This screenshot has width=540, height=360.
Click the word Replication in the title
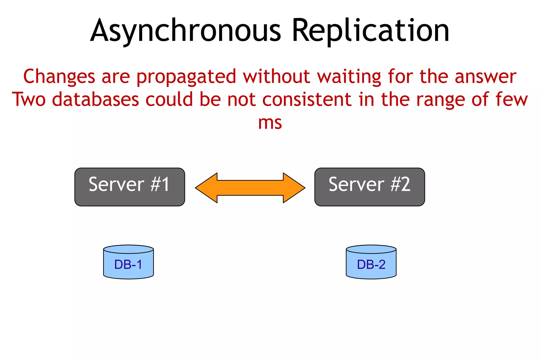(370, 31)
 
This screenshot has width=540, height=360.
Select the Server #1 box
(129, 187)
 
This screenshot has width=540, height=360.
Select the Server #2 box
(369, 187)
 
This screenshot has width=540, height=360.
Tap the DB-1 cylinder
(128, 262)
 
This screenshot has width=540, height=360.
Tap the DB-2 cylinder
(371, 262)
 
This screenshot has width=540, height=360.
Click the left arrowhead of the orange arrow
(207, 188)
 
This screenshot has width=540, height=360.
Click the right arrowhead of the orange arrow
(293, 188)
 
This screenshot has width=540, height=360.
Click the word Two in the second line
(29, 100)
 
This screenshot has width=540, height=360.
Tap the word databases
(95, 100)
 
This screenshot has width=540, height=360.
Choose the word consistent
(307, 100)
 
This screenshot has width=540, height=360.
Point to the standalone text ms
(270, 123)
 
